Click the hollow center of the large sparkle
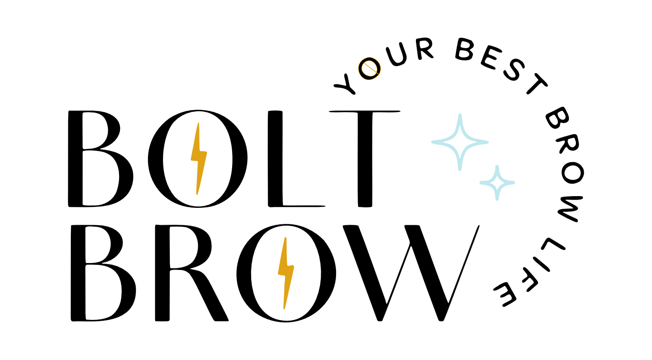pos(460,142)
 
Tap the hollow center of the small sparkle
pos(497,183)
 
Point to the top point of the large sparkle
pos(460,115)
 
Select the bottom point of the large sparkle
pos(460,169)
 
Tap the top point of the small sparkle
pos(497,167)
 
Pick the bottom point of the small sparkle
pos(497,199)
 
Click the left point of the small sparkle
pos(481,183)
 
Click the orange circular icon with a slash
pos(369,69)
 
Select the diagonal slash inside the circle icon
pos(369,68)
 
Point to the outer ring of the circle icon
pos(359,69)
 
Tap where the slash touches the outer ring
pos(379,75)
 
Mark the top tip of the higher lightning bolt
pos(199,123)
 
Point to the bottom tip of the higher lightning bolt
pos(197,194)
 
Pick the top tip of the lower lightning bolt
pos(285,238)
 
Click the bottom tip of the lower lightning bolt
pos(284,309)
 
